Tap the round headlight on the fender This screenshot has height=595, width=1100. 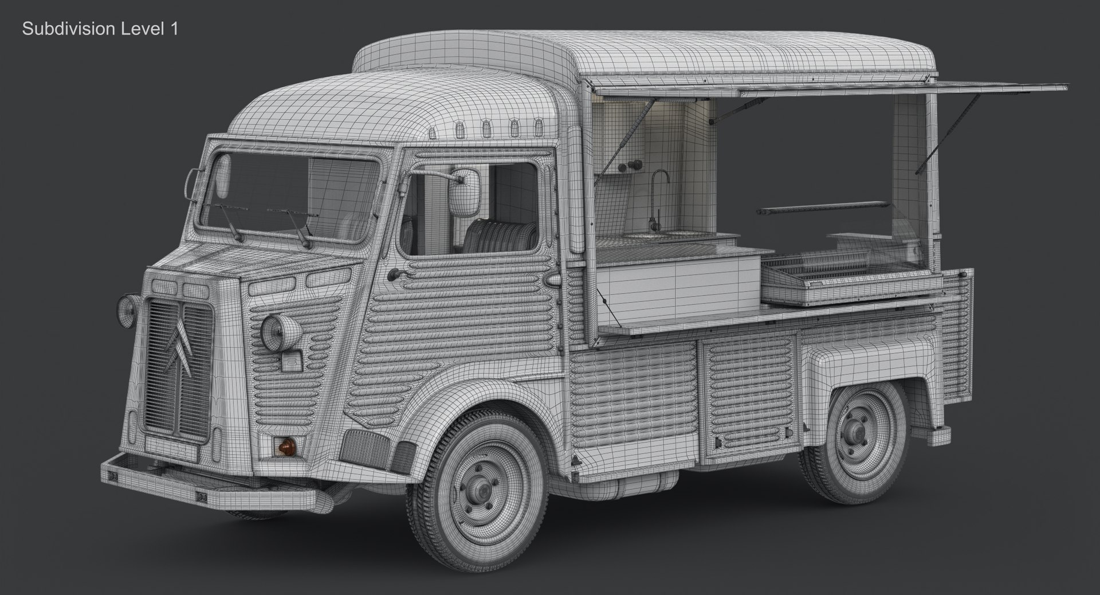[x=281, y=332]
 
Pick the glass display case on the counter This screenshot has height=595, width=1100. [x=842, y=269]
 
